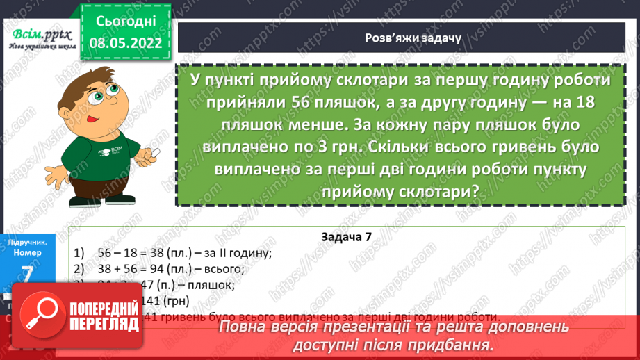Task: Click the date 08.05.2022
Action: pos(122,43)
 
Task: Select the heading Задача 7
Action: pos(347,236)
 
